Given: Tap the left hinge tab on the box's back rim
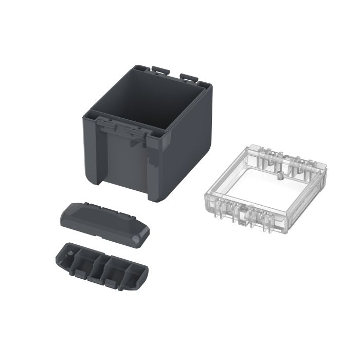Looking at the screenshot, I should coord(160,68).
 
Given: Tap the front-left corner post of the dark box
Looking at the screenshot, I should coord(90,149).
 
